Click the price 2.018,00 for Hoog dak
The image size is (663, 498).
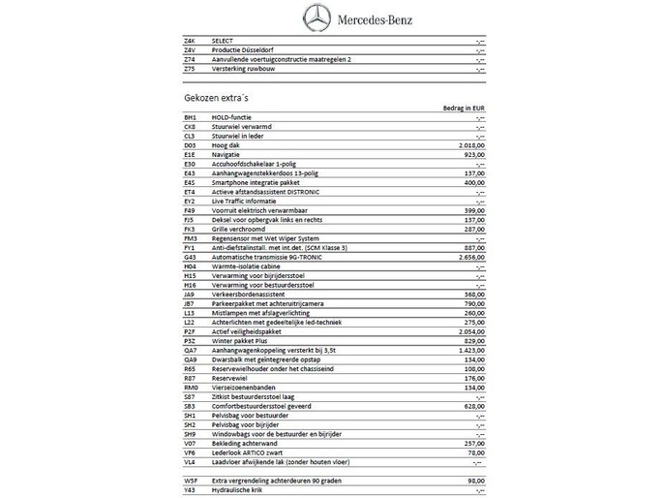tap(468, 144)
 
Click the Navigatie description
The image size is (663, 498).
tap(226, 153)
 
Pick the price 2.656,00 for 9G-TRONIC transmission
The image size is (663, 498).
tap(468, 257)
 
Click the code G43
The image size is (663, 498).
tap(190, 257)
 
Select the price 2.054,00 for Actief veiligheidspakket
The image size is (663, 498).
tap(468, 330)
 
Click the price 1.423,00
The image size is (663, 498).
tap(468, 349)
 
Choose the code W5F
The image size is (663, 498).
tap(190, 481)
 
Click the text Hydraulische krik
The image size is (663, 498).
tap(242, 489)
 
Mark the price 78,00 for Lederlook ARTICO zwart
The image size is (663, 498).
tap(475, 452)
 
